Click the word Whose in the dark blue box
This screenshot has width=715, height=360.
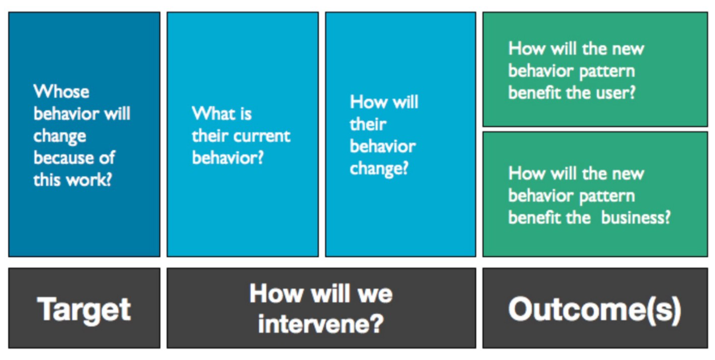coord(61,91)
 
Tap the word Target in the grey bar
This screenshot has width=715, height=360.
coord(84,309)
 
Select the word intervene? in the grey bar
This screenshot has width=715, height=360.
coord(321,324)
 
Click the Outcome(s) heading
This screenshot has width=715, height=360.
coord(594,310)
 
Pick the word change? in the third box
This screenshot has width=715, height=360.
coord(379,169)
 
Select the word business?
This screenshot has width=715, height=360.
coord(636,218)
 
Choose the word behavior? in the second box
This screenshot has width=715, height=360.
coord(228,158)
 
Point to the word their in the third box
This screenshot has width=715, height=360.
coord(368,124)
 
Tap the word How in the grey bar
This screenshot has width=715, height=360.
coord(277,293)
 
